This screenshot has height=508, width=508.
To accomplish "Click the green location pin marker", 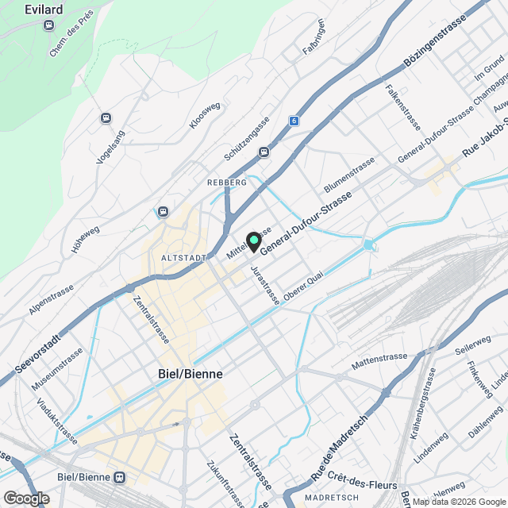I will [x=254, y=241].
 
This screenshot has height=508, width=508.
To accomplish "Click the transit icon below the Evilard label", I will [x=49, y=25].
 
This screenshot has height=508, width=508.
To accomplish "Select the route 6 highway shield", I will [x=294, y=121].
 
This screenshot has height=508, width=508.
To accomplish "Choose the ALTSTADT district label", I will [x=183, y=258].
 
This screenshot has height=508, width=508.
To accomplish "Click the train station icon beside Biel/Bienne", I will [x=120, y=478].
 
